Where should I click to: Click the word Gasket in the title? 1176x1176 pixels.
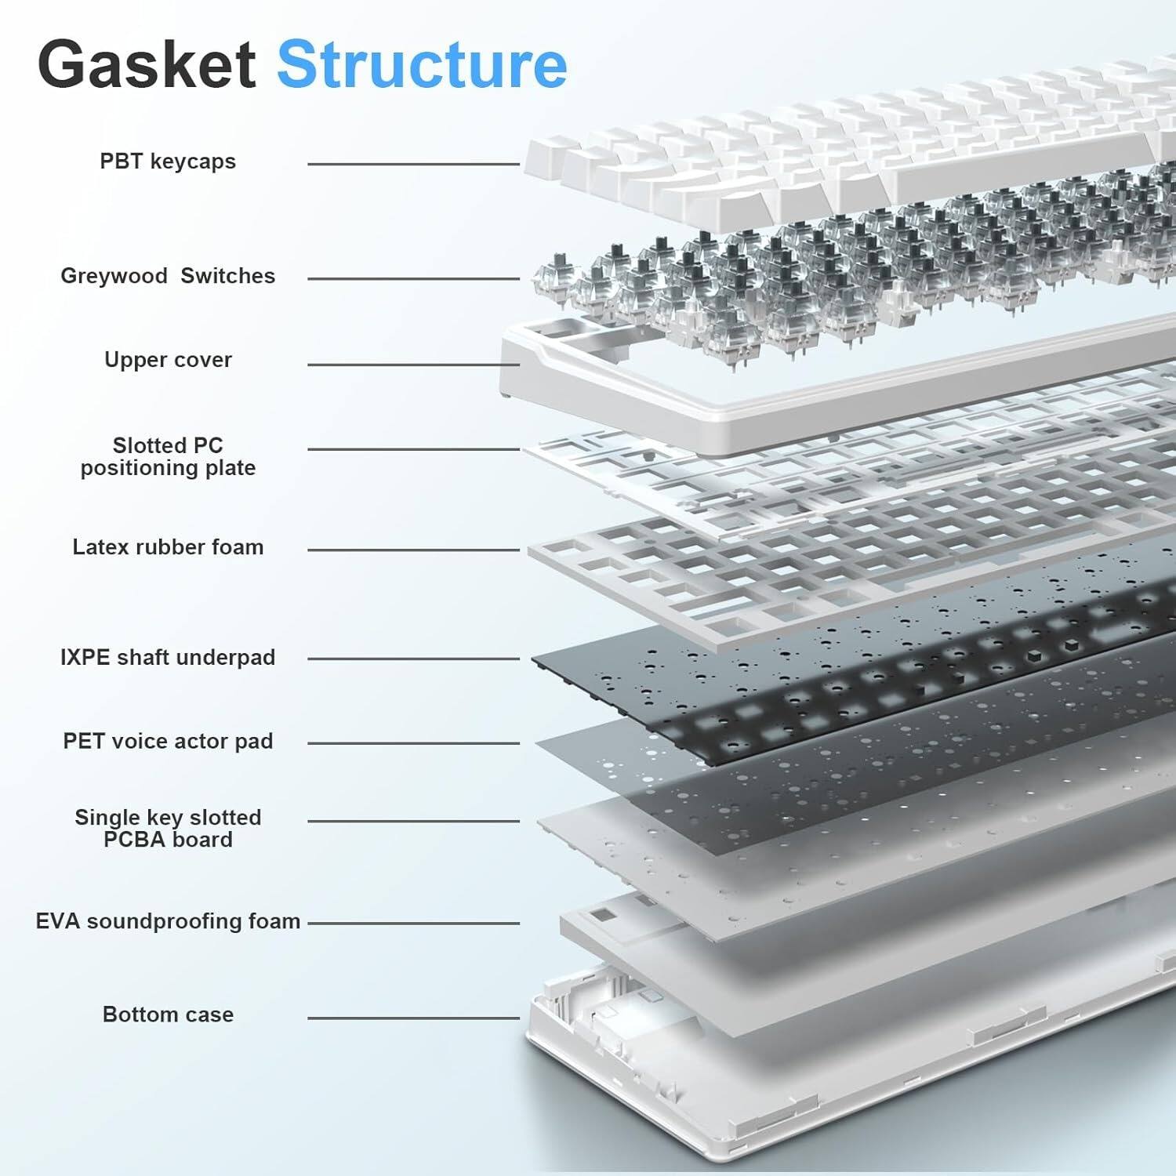click(147, 64)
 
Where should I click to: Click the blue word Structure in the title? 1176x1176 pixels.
click(422, 64)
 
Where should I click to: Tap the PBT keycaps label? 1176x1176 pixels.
click(168, 162)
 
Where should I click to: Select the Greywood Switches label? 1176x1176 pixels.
click(168, 276)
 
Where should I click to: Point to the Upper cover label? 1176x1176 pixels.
click(168, 360)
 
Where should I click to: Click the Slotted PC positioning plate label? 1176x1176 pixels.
click(168, 456)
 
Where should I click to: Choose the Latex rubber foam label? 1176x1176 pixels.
click(168, 547)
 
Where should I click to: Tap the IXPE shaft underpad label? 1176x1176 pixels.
click(168, 658)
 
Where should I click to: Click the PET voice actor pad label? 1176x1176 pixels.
click(168, 742)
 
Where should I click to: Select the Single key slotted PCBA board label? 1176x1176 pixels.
click(168, 828)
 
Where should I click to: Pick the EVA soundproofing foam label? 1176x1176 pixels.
click(168, 921)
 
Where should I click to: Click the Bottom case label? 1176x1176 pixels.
click(168, 1014)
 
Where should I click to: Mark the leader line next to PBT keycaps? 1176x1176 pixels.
click(413, 164)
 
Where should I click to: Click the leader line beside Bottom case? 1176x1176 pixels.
click(413, 1018)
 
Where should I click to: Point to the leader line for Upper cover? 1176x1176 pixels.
click(413, 365)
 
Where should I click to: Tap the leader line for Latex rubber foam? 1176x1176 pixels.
click(413, 550)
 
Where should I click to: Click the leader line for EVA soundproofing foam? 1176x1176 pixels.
click(413, 923)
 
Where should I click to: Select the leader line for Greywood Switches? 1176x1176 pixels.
click(413, 278)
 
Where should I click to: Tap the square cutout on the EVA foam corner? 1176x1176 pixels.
click(603, 915)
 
